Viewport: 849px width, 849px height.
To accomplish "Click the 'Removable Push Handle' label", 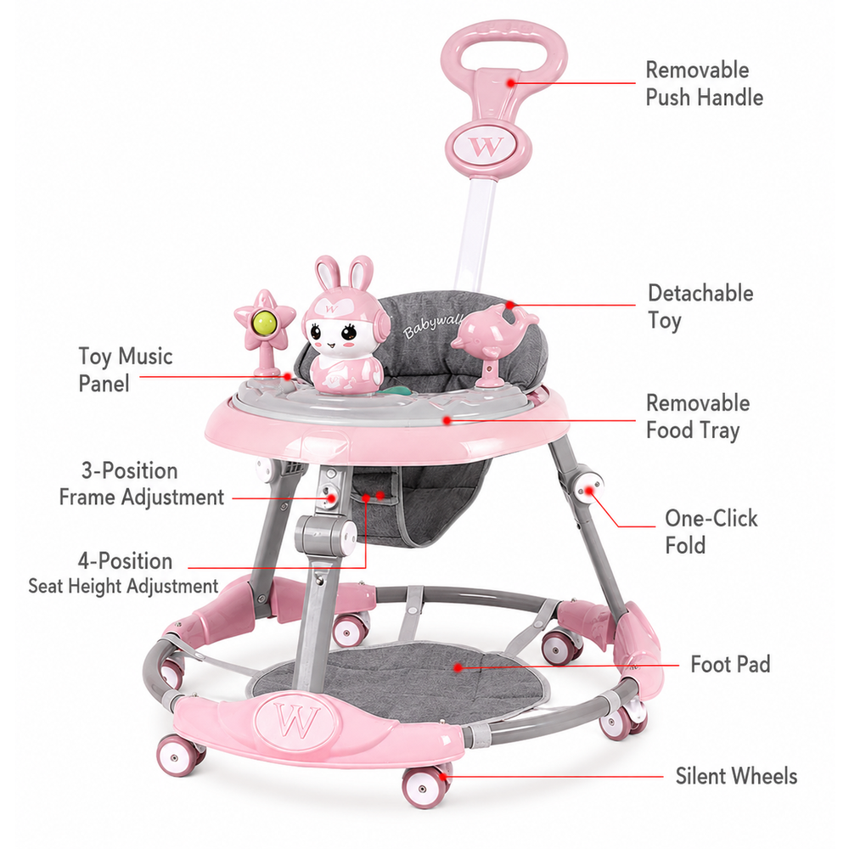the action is point(704,84).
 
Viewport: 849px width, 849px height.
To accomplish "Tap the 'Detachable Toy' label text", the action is point(700,306).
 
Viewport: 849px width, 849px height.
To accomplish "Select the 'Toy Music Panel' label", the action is point(125,370).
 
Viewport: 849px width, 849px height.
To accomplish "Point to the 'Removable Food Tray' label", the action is point(698,417).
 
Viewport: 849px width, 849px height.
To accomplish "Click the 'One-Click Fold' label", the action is point(711,531).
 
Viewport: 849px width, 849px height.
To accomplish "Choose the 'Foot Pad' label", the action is point(730,665).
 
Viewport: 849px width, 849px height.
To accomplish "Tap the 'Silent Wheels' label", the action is point(736,776).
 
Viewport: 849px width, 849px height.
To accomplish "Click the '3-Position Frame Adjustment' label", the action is point(141,484).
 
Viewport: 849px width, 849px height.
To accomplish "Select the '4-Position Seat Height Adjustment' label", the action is point(123,573).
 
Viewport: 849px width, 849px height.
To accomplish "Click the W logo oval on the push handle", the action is point(488,146).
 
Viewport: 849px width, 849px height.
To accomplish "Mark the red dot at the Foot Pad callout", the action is point(458,667).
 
